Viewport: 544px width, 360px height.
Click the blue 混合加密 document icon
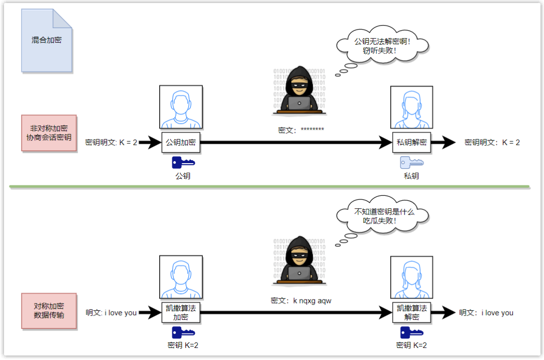click(46, 40)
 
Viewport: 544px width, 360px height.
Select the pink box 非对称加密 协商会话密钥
click(49, 133)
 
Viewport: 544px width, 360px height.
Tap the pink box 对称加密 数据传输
click(49, 311)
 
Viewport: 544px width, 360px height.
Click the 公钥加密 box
click(181, 142)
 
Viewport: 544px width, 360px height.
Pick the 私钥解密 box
click(412, 142)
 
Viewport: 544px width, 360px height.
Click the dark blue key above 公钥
click(183, 162)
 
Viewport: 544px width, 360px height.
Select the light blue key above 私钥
click(412, 162)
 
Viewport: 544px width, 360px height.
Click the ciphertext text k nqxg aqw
click(301, 301)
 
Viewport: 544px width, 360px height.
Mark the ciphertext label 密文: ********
click(301, 130)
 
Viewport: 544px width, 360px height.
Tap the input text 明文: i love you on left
click(111, 313)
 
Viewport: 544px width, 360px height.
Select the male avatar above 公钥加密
click(181, 107)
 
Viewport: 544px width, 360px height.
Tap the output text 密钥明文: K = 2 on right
click(492, 142)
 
